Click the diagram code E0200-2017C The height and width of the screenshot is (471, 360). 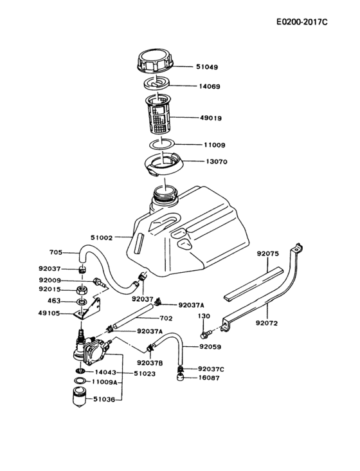(x=301, y=23)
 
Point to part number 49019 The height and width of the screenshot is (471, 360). (x=212, y=118)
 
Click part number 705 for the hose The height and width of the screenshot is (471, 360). (x=56, y=252)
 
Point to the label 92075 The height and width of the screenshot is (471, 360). (x=267, y=254)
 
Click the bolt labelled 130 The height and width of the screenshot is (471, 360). (x=204, y=316)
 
